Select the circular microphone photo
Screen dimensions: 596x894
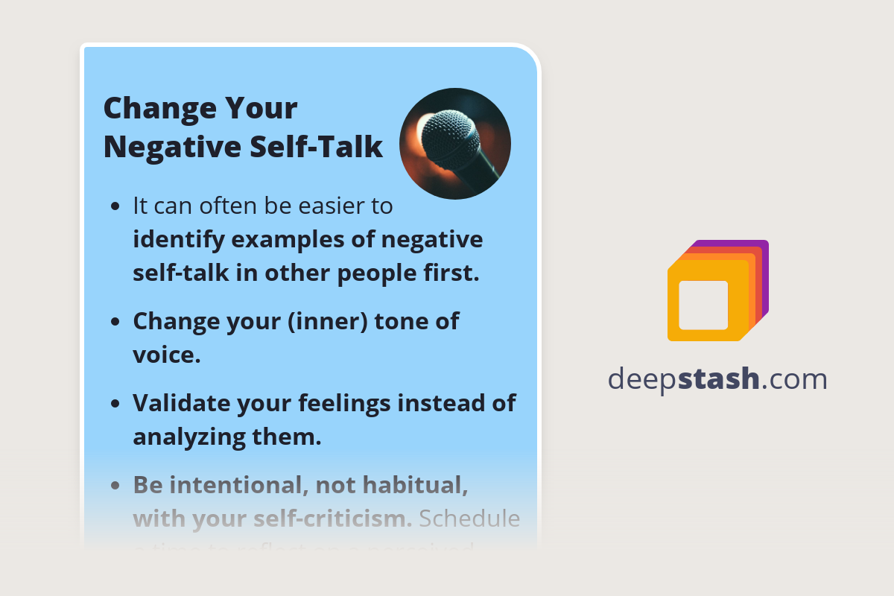(x=455, y=144)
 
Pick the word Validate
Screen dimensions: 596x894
(x=182, y=403)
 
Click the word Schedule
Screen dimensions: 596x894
(x=469, y=519)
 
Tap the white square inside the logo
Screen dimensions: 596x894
(x=703, y=305)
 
